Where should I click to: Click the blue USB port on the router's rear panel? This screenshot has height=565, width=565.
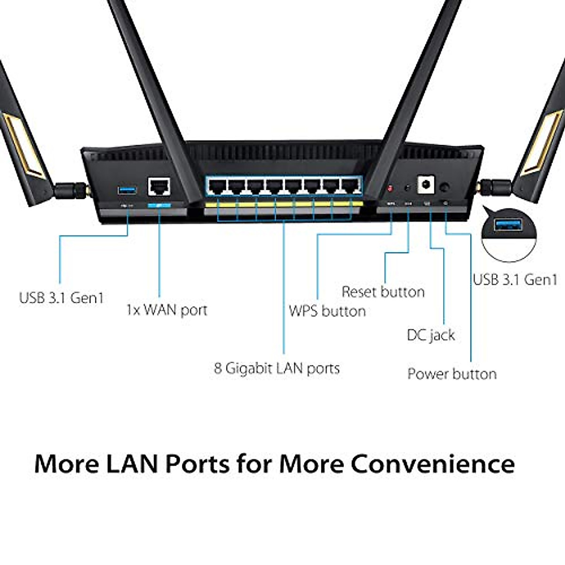tap(127, 190)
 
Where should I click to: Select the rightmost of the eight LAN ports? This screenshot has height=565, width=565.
tap(350, 186)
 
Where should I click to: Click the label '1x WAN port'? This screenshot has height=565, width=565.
tap(167, 310)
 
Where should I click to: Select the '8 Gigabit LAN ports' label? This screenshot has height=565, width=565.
tap(277, 368)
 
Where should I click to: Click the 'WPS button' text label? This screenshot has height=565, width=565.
tap(327, 311)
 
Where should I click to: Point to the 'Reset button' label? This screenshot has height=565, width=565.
tap(383, 292)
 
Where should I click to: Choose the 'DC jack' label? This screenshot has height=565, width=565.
tap(431, 335)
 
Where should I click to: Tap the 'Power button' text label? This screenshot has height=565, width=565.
tap(452, 374)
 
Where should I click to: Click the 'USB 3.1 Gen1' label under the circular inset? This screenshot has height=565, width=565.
tap(515, 280)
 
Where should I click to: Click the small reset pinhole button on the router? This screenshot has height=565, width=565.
tap(407, 188)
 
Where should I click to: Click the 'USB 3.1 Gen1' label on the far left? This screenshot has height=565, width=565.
tap(61, 298)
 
